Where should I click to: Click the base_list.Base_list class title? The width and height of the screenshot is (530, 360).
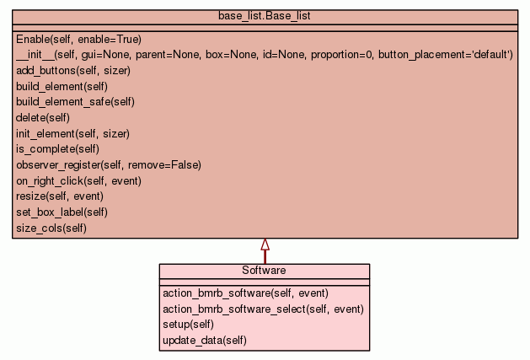pyautogui.click(x=265, y=16)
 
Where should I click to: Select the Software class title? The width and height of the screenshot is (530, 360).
pyautogui.click(x=264, y=271)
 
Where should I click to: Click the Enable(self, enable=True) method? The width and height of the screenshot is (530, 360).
pyautogui.click(x=78, y=39)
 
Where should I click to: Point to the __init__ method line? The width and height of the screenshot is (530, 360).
pyautogui.click(x=264, y=55)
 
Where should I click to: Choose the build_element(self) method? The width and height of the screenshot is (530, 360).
pyautogui.click(x=62, y=86)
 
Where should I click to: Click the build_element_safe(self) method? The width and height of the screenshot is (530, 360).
pyautogui.click(x=75, y=102)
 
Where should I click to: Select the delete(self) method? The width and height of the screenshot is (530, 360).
pyautogui.click(x=42, y=117)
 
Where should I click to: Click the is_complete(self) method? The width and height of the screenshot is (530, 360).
pyautogui.click(x=57, y=149)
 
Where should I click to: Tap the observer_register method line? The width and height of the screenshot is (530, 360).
pyautogui.click(x=109, y=164)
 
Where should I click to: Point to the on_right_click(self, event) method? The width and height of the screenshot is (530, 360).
pyautogui.click(x=78, y=180)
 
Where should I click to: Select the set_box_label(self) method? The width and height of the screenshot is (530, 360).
pyautogui.click(x=62, y=212)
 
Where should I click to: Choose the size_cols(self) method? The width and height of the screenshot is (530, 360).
pyautogui.click(x=51, y=228)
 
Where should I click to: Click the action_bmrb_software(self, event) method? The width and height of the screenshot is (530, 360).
pyautogui.click(x=244, y=293)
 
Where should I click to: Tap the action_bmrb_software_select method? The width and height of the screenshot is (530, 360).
pyautogui.click(x=263, y=309)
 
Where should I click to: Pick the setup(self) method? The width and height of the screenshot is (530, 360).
pyautogui.click(x=188, y=325)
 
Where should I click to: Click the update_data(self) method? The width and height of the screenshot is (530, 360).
pyautogui.click(x=204, y=341)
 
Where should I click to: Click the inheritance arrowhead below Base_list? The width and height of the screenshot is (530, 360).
pyautogui.click(x=265, y=244)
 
